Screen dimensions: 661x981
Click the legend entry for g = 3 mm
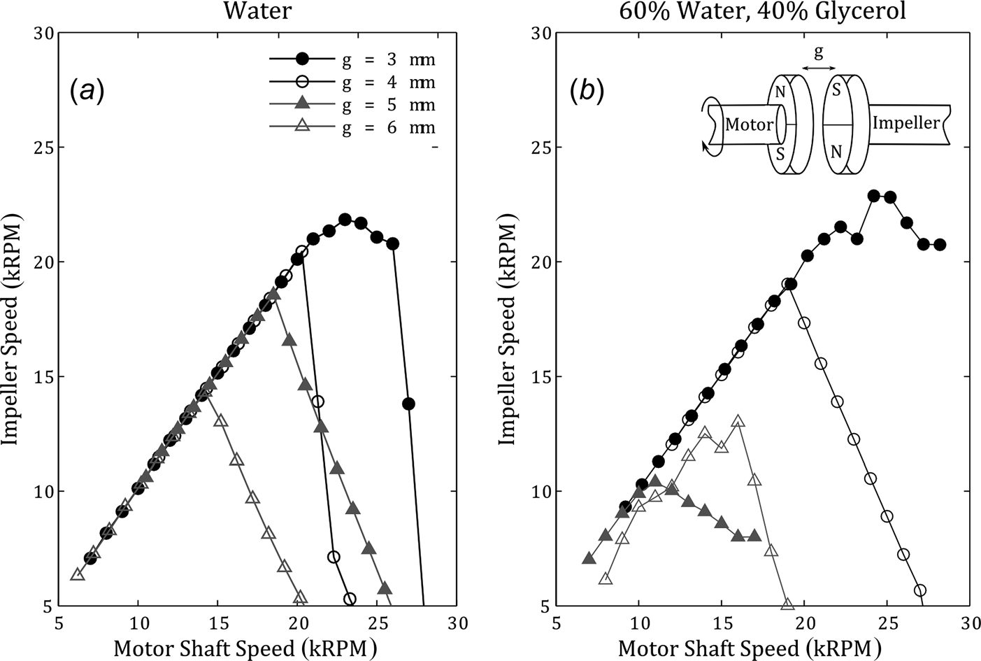point(353,59)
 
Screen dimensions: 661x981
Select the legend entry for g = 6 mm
point(353,127)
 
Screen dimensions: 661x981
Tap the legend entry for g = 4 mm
point(353,83)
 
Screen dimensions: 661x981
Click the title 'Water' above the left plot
point(258,11)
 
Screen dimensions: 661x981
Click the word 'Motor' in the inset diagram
point(749,125)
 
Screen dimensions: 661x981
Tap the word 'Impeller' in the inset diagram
point(906,123)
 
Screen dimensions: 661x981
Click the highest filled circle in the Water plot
point(345,220)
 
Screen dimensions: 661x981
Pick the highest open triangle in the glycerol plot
point(738,421)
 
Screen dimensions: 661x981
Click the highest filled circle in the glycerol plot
point(874,196)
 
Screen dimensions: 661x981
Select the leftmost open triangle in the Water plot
point(78,574)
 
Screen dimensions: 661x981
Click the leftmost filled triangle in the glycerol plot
point(589,558)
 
